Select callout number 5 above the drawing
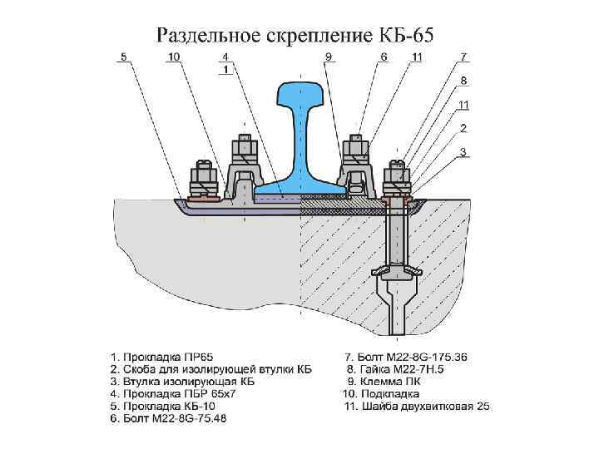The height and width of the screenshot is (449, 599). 123,57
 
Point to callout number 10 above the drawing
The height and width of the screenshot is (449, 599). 173,57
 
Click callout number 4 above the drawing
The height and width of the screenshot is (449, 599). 225,57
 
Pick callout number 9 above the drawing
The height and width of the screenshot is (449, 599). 329,57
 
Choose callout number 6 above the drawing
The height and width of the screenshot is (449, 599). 384,57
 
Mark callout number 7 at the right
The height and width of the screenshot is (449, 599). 464,57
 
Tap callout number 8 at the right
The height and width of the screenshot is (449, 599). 464,81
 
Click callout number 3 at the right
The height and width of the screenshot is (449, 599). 464,152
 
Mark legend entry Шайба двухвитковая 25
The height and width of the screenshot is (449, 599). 415,406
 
